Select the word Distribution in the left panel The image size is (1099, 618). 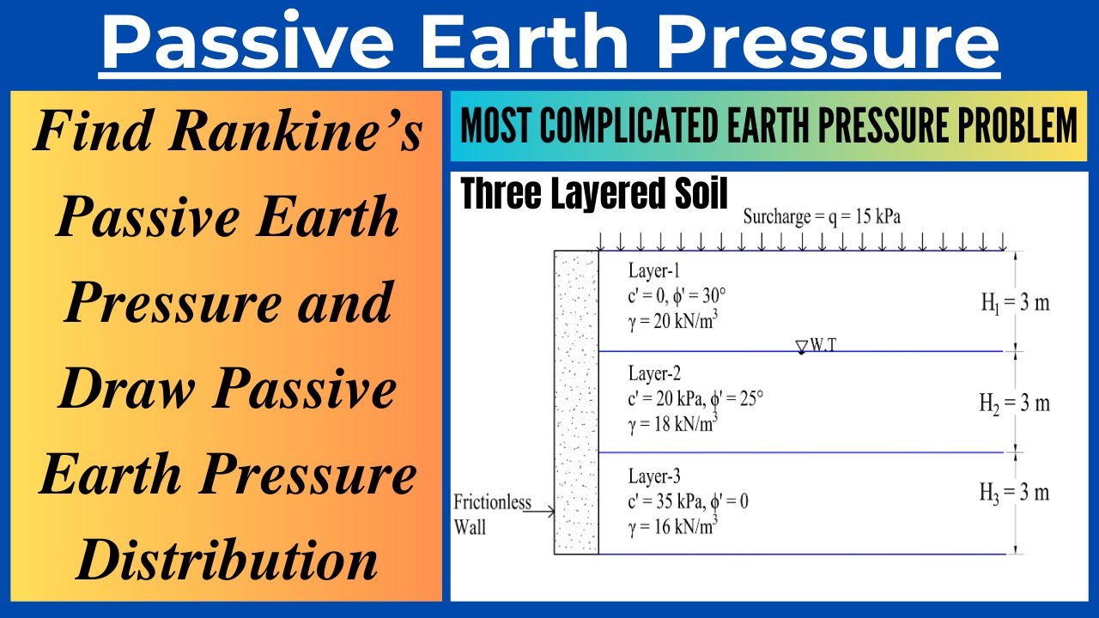pos(227,562)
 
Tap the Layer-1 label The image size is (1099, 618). pos(659,271)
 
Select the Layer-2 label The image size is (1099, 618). pos(659,374)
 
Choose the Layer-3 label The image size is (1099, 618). pos(659,476)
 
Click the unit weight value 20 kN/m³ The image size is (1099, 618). pos(673,322)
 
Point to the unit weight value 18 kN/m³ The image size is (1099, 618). pos(673,423)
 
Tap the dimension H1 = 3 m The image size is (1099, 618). pos(1015,303)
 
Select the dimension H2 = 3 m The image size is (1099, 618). pos(1015,403)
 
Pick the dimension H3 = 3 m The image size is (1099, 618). pos(1015,493)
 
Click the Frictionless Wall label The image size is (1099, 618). pos(492,514)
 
